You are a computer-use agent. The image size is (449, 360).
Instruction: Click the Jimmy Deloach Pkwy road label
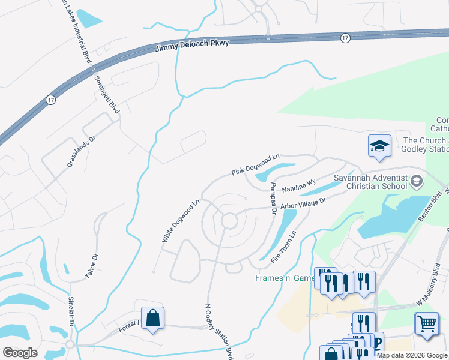point(192,47)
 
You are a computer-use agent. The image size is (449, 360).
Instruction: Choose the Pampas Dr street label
point(273,199)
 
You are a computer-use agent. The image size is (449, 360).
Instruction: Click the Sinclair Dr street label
point(71,313)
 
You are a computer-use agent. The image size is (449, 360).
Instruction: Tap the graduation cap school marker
point(379,146)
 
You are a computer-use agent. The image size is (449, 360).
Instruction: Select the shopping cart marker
point(426,323)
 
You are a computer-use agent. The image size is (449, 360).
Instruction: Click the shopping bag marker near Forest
point(153,318)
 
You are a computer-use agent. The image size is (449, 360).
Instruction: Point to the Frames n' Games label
point(285,278)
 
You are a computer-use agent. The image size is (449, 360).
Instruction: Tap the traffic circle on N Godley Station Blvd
point(228,221)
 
